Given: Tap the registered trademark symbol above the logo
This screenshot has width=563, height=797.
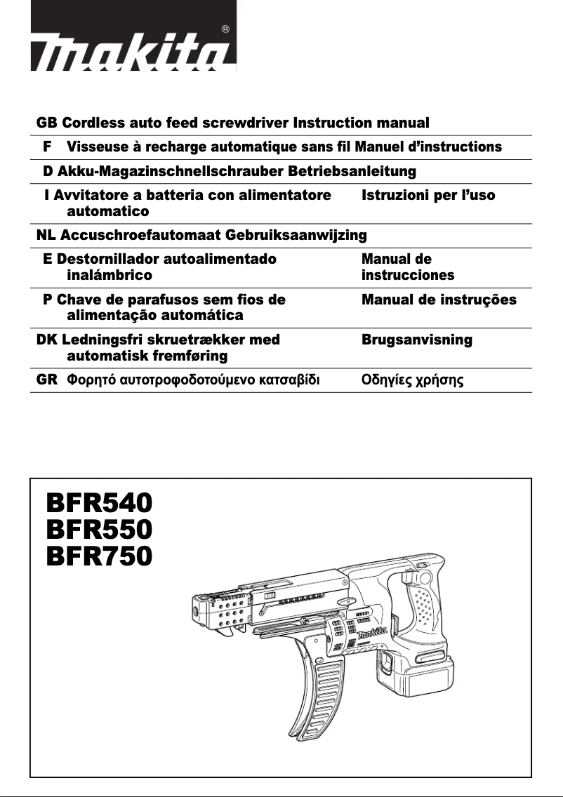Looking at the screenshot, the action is [225, 29].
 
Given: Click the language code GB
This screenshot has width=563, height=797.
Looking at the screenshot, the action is [46, 123].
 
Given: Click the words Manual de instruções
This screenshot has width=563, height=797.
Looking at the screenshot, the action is [439, 300].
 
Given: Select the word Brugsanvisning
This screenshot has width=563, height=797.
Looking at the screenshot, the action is [416, 340].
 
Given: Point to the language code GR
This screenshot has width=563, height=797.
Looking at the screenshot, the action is [46, 380].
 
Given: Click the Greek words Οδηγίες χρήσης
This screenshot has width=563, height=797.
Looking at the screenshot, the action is [412, 381].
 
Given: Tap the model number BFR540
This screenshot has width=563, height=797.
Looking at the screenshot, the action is [99, 503].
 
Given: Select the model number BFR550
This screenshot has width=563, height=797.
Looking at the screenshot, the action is [99, 530].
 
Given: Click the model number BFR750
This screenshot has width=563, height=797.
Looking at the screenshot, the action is [99, 556].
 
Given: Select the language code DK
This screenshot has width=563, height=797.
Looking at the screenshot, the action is [48, 340].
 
